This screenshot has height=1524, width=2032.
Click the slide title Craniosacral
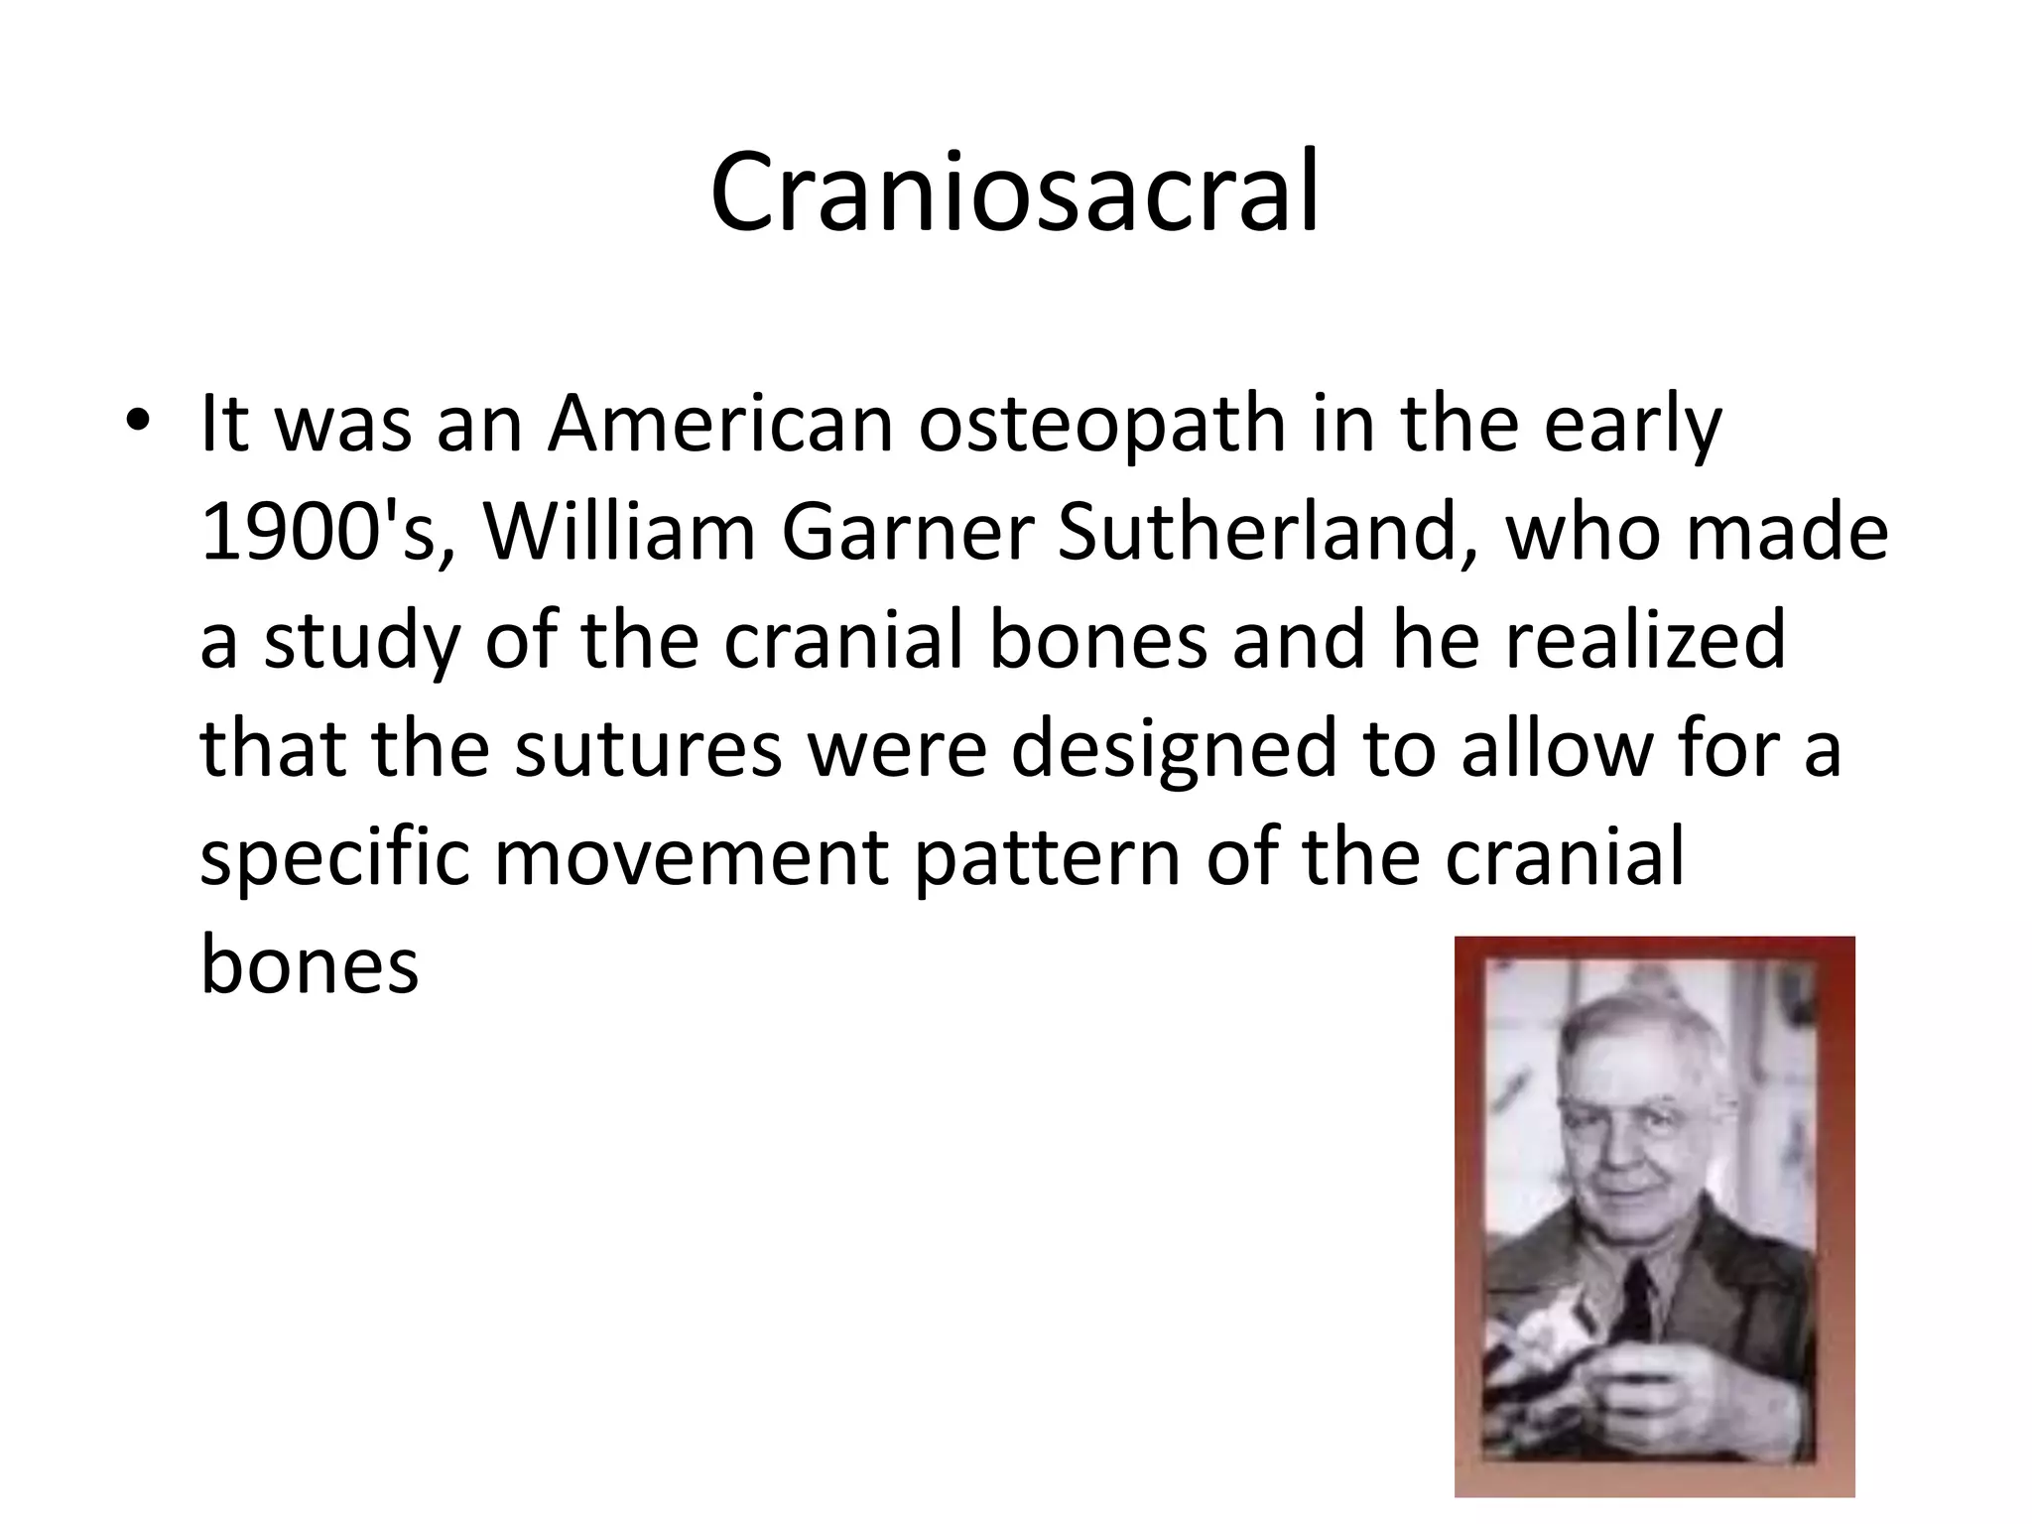[1014, 192]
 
